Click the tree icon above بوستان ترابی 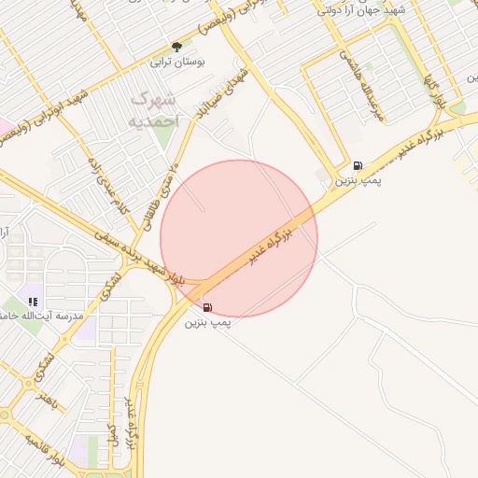(176, 48)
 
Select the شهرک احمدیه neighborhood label (151, 108)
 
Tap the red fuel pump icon (206, 307)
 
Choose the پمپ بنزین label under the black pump (358, 177)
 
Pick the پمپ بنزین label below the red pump (206, 322)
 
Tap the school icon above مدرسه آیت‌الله (33, 302)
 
